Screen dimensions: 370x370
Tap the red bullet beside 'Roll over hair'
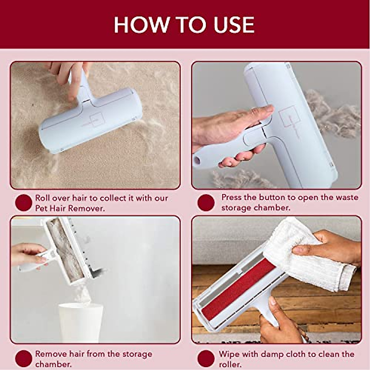[x=23, y=203]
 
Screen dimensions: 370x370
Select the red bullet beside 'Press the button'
[x=206, y=203]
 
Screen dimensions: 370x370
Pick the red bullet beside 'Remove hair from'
[x=23, y=359]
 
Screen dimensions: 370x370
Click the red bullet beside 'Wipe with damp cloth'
[x=206, y=359]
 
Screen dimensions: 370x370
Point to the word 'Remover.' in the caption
[x=87, y=208]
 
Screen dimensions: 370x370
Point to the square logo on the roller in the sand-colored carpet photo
[x=96, y=118]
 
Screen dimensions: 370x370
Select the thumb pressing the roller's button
[x=262, y=110]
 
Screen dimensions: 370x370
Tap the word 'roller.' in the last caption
[x=230, y=364]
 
